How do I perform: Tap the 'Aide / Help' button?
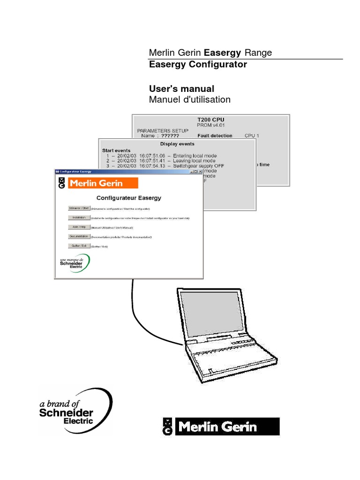pos(78,227)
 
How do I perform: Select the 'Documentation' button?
pos(78,236)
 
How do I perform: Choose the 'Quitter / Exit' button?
pos(78,246)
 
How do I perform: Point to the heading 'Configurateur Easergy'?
pos(128,198)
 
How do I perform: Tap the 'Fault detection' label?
pos(215,135)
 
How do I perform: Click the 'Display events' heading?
pos(177,144)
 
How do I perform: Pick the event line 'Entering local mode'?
pos(195,155)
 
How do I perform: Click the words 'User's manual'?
pos(181,89)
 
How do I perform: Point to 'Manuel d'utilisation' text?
pos(189,99)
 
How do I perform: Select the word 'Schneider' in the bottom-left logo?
pos(66,412)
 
